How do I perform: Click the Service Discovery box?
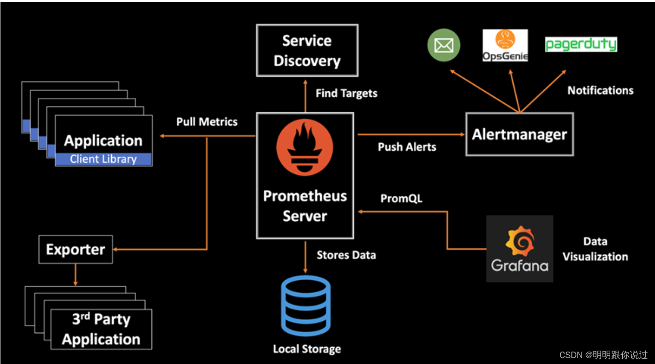(307, 50)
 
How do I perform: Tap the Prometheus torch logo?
(304, 149)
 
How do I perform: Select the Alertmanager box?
(519, 135)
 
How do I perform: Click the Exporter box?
(76, 250)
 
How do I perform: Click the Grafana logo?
(519, 248)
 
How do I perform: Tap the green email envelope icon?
(444, 46)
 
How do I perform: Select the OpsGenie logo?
(505, 46)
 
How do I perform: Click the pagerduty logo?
(581, 45)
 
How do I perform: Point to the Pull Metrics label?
(207, 122)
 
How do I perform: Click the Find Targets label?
(346, 94)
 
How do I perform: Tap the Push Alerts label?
(407, 147)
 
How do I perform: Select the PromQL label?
(401, 199)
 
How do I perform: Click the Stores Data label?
(346, 255)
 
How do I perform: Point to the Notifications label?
(600, 90)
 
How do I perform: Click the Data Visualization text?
(595, 249)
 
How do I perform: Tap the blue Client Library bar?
(103, 159)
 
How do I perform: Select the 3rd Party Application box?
(101, 329)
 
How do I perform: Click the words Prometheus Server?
(305, 206)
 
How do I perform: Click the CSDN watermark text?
(603, 355)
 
